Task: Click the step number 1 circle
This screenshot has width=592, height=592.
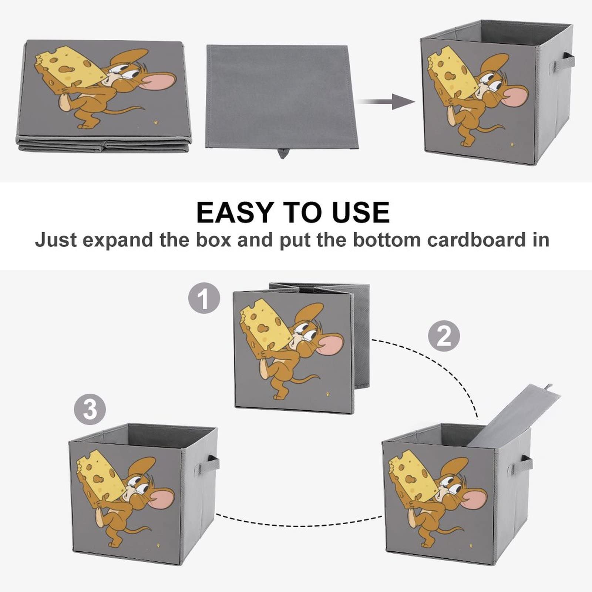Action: (x=204, y=298)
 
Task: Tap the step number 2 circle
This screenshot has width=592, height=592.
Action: (x=444, y=336)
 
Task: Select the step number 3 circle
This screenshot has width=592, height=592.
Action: (x=90, y=410)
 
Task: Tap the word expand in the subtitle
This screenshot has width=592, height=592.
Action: (x=118, y=240)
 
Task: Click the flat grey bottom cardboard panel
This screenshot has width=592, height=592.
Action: (x=277, y=96)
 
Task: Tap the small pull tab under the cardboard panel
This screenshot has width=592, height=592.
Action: (x=283, y=153)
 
